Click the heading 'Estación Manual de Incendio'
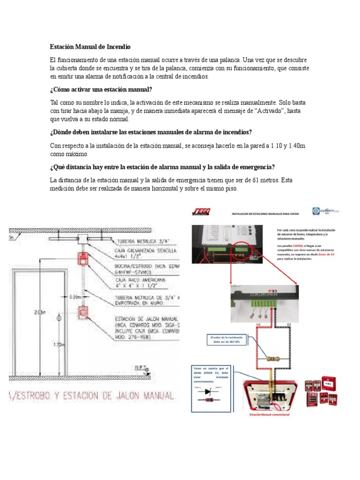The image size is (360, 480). pos(90,47)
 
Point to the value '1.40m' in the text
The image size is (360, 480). pos(296,146)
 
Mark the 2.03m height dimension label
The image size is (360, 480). pos(40,312)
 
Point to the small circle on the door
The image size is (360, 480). pos(59,319)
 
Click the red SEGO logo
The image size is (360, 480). pos(201,212)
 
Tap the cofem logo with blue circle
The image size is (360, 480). pos(325,212)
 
